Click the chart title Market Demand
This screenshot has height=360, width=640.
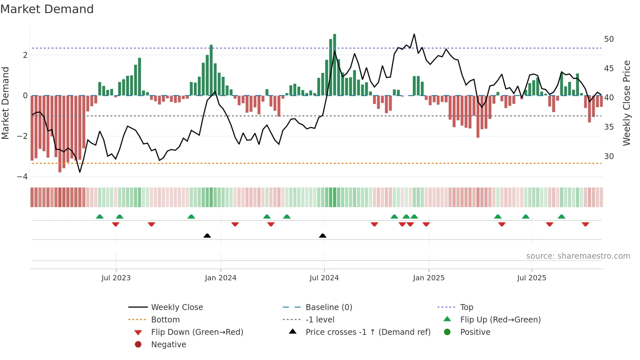pyautogui.click(x=47, y=9)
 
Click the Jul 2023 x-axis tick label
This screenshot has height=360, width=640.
pyautogui.click(x=116, y=278)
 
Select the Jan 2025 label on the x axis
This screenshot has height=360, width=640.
pyautogui.click(x=428, y=278)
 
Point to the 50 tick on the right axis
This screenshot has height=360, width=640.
pyautogui.click(x=609, y=39)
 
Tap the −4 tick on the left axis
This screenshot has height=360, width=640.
pyautogui.click(x=23, y=177)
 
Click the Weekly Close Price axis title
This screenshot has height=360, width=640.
pyautogui.click(x=626, y=103)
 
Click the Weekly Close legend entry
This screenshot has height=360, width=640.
pyautogui.click(x=177, y=307)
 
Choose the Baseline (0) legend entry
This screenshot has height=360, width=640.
pyautogui.click(x=328, y=307)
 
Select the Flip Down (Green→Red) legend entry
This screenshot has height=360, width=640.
pyautogui.click(x=197, y=332)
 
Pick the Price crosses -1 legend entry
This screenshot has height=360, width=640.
pyautogui.click(x=368, y=332)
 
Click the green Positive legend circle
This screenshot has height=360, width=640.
pyautogui.click(x=447, y=332)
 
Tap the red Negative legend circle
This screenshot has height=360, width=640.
pyautogui.click(x=138, y=345)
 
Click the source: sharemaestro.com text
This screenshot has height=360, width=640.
pyautogui.click(x=578, y=256)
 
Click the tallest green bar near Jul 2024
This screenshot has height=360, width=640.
pyautogui.click(x=334, y=65)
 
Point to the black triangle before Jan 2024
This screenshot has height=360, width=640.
pyautogui.click(x=207, y=236)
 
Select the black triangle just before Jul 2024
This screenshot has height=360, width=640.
pyautogui.click(x=323, y=236)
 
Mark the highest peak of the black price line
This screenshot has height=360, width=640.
pyautogui.click(x=414, y=34)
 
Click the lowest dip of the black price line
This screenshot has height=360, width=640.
pyautogui.click(x=80, y=172)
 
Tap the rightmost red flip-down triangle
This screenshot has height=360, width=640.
pyautogui.click(x=585, y=224)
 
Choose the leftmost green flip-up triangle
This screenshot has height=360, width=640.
pyautogui.click(x=100, y=217)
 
